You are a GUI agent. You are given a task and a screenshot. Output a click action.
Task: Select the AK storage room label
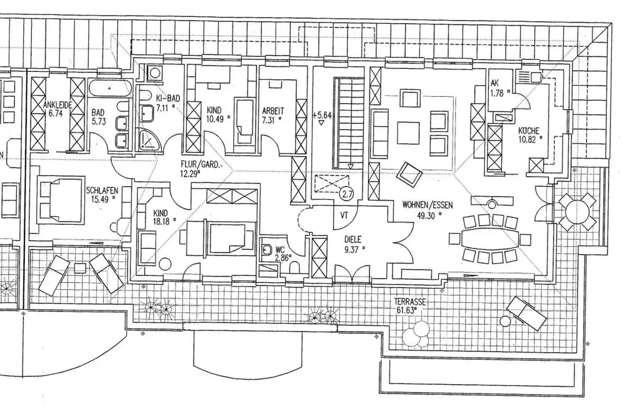click(x=494, y=83)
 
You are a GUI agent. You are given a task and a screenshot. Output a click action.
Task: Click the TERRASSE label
click(x=411, y=301)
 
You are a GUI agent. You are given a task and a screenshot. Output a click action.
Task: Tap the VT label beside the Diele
click(x=344, y=214)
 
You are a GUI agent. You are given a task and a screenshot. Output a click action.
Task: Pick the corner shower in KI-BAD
click(x=149, y=137)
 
